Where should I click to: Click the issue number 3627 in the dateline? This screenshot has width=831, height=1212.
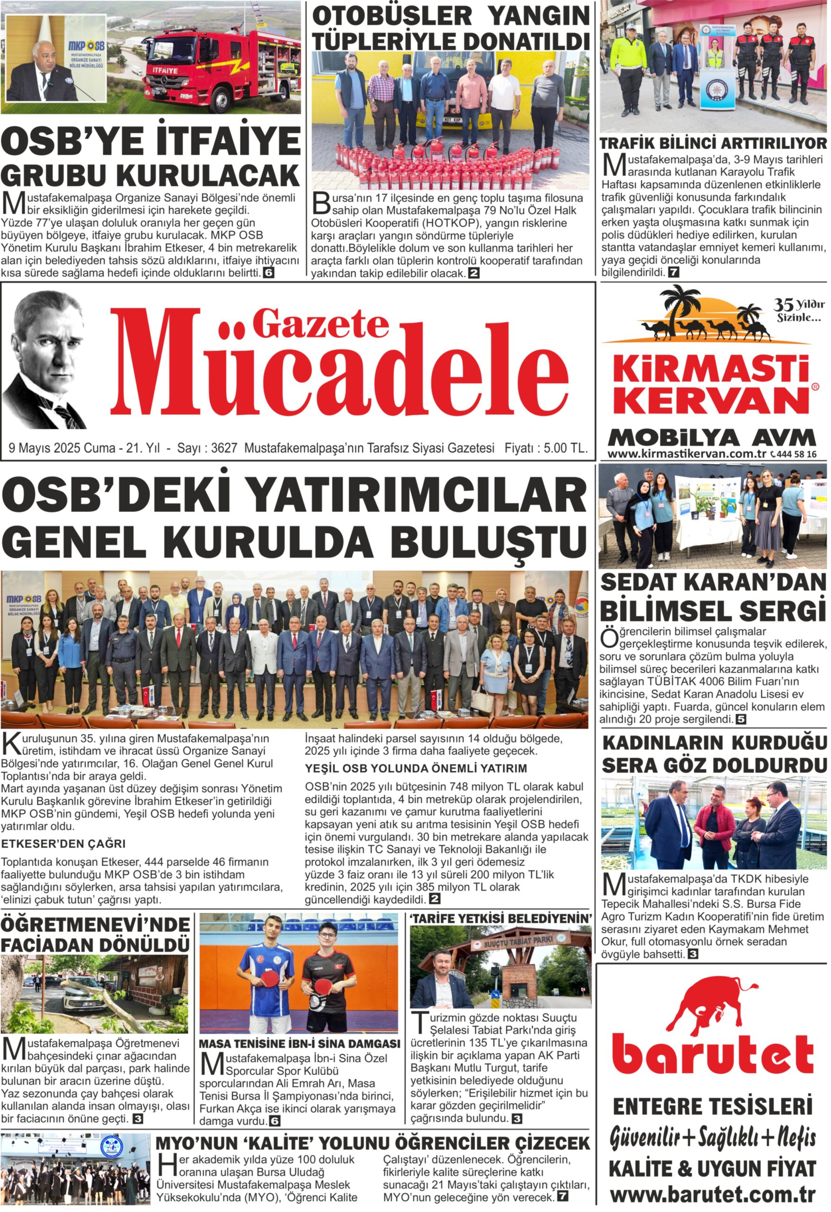[224, 448]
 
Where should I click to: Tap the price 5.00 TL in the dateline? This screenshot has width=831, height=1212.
[565, 448]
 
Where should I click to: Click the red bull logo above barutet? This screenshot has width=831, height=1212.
[713, 1002]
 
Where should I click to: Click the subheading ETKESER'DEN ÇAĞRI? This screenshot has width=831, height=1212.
[63, 843]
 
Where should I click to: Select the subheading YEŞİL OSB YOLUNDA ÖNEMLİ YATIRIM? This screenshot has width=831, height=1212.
[416, 768]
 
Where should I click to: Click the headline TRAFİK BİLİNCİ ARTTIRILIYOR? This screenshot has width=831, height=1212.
[713, 143]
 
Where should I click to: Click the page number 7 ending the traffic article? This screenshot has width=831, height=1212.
[673, 272]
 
